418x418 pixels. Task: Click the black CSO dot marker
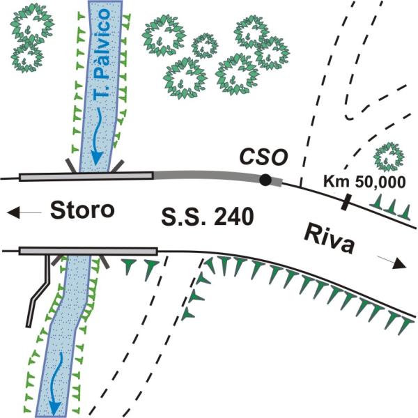[265, 180]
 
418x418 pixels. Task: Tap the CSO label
[263, 157]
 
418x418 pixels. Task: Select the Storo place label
[83, 210]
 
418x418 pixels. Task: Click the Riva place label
[330, 239]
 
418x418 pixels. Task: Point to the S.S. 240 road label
[208, 217]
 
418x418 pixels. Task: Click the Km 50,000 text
[364, 182]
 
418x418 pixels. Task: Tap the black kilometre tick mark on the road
[346, 202]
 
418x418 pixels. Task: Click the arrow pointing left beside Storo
[24, 212]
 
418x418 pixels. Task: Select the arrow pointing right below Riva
[392, 263]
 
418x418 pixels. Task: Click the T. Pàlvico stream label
[102, 54]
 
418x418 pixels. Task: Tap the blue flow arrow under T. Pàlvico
[97, 137]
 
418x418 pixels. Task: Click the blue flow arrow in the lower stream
[56, 382]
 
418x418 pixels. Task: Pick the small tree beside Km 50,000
[389, 157]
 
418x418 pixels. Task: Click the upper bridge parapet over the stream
[86, 176]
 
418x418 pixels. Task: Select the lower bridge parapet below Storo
[88, 251]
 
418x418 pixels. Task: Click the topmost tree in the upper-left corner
[33, 24]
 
